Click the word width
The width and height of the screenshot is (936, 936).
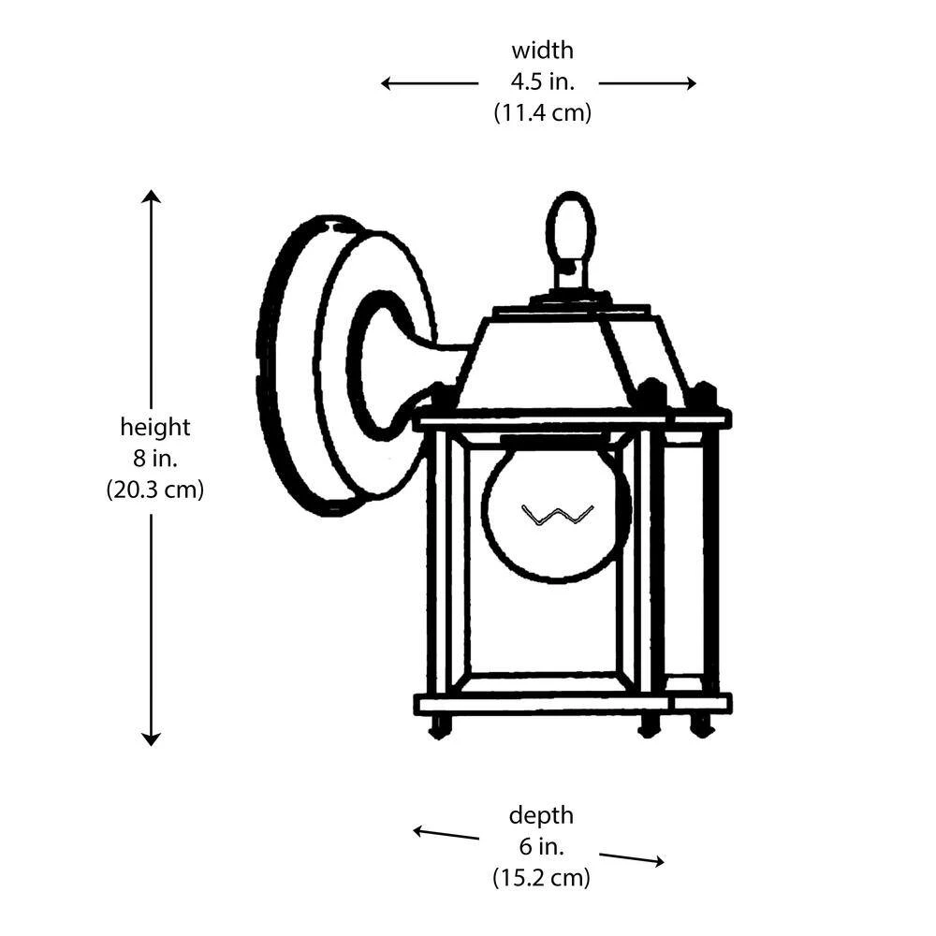(x=542, y=51)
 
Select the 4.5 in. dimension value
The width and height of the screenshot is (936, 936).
(x=542, y=81)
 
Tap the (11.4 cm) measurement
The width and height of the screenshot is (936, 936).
(x=542, y=113)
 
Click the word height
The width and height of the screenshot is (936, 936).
(x=154, y=428)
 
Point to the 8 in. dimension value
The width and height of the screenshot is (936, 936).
(x=154, y=459)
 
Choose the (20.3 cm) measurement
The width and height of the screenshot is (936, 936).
(x=154, y=490)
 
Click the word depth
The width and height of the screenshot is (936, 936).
(x=541, y=815)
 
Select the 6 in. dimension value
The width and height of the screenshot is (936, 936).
(x=541, y=846)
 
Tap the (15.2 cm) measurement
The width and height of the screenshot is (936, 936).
(x=541, y=878)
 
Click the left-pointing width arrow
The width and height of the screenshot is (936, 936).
(x=429, y=83)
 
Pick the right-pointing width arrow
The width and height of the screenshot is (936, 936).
(x=648, y=83)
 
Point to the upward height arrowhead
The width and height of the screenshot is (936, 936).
(x=151, y=197)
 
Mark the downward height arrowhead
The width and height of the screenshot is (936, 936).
(x=151, y=738)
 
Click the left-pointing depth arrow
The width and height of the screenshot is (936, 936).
(x=446, y=833)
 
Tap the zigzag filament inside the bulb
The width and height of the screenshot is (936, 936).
(x=557, y=514)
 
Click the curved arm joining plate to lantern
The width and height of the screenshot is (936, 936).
(x=412, y=365)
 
